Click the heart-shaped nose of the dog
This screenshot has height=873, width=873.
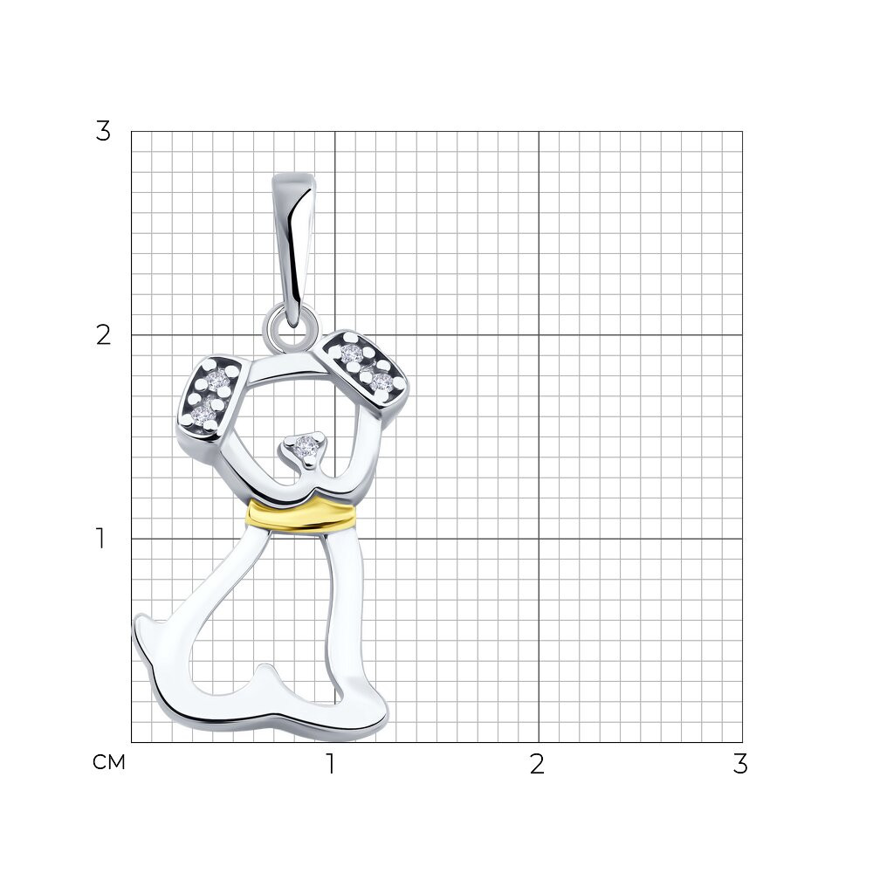click(305, 447)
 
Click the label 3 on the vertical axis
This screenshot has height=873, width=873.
click(103, 132)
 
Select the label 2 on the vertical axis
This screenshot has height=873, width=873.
click(103, 335)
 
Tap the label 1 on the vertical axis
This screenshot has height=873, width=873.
click(100, 539)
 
